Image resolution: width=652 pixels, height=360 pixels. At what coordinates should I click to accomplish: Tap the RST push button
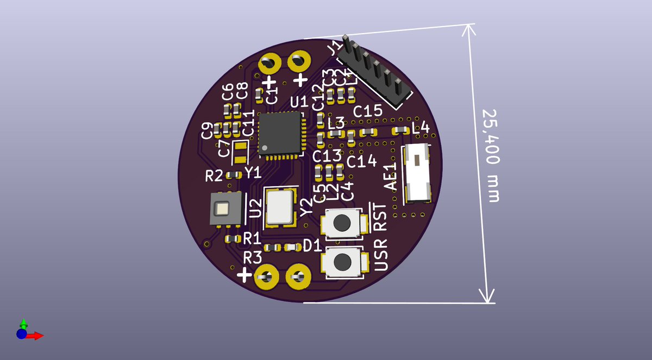point(342,222)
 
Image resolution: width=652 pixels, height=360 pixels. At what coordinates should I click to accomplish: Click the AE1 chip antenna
point(416,172)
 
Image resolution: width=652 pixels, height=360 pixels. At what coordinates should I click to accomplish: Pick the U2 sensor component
point(223,210)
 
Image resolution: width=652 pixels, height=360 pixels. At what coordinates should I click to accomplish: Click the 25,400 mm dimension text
point(491,155)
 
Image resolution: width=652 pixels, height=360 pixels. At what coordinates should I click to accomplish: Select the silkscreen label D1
point(313,246)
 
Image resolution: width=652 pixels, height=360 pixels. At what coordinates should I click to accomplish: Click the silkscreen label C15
point(368,112)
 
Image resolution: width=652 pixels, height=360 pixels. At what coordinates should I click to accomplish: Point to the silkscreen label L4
point(421,129)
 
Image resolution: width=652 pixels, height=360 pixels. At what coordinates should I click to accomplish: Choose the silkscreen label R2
point(214,175)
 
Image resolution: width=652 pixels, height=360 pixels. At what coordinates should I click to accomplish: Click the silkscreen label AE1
point(391,177)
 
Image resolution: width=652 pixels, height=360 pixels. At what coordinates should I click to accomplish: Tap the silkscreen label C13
point(327,156)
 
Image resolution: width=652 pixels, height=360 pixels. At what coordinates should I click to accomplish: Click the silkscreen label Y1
point(253,173)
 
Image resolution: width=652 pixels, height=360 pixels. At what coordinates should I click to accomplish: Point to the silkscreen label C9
point(206,130)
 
